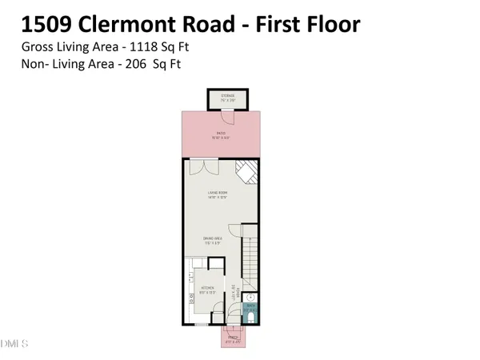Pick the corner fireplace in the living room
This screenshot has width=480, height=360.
point(247,173)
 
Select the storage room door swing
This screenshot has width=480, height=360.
point(227,118)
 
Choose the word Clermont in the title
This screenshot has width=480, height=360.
point(166,22)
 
